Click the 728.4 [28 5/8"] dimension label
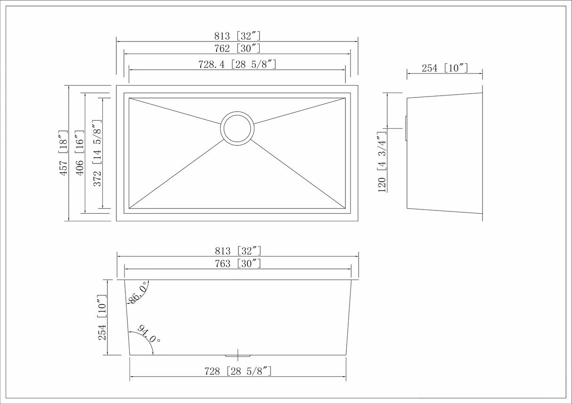(x=237, y=65)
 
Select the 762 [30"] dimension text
(x=237, y=48)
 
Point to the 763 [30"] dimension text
(x=237, y=264)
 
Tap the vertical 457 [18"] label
(x=63, y=154)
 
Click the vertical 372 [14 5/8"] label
(x=97, y=154)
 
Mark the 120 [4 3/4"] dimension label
(x=382, y=162)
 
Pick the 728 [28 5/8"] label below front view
(x=237, y=372)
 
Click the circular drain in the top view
(x=237, y=128)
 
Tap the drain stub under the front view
(x=238, y=354)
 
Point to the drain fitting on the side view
(x=406, y=127)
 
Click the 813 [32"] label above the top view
(x=237, y=36)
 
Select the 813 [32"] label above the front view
(x=237, y=251)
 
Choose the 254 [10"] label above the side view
(x=444, y=68)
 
